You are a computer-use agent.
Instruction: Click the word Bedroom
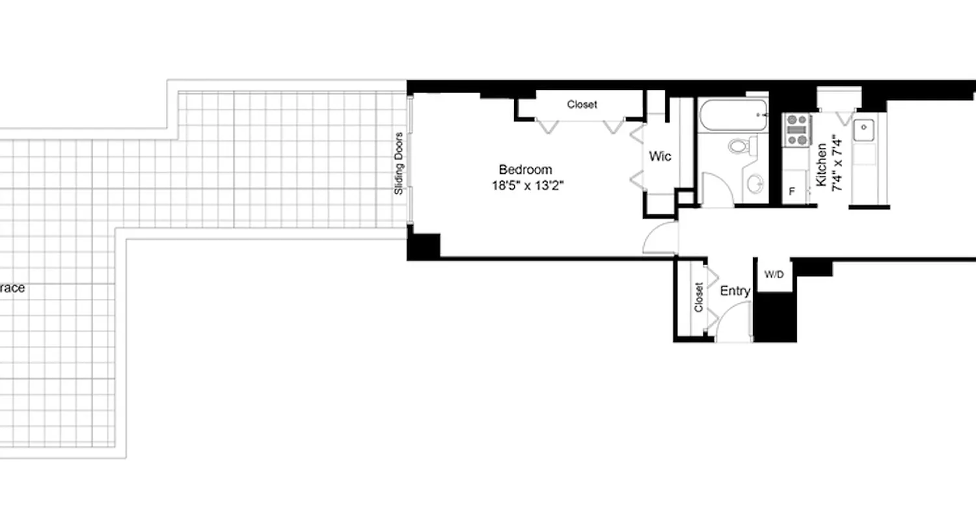(x=525, y=170)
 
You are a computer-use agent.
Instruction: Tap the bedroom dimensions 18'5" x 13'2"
(x=526, y=186)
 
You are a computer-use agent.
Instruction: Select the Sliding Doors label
(x=399, y=163)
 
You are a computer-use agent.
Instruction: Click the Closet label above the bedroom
(x=581, y=104)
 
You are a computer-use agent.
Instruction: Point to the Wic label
(x=660, y=157)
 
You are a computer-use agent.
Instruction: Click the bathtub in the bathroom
(x=733, y=116)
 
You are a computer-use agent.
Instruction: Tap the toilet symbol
(x=740, y=145)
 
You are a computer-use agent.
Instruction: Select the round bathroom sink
(x=755, y=184)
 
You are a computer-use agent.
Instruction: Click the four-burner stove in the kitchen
(x=796, y=130)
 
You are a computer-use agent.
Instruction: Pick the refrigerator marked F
(x=793, y=191)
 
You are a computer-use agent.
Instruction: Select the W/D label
(x=774, y=275)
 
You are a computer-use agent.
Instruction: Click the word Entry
(x=735, y=292)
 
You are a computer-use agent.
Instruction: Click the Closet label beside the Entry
(x=698, y=297)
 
